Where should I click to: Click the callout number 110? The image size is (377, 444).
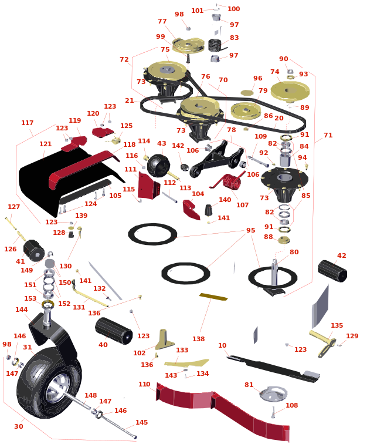144,384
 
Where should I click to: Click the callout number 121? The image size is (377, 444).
46,144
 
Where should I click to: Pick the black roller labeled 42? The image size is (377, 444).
332,271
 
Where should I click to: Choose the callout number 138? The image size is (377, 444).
198,339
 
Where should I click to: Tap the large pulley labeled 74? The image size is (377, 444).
290,91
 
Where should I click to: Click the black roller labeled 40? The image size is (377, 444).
114,331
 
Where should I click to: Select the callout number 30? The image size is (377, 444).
19,426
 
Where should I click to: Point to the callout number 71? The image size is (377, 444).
328,135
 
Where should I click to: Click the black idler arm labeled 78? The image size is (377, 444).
217,159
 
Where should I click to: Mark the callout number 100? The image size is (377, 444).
234,9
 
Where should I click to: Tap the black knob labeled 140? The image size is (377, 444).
208,210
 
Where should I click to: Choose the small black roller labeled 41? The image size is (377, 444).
34,251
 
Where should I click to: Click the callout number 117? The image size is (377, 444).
27,123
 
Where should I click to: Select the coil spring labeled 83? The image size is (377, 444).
216,45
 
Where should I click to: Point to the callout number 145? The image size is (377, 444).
141,422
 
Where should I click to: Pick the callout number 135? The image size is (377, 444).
337,325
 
